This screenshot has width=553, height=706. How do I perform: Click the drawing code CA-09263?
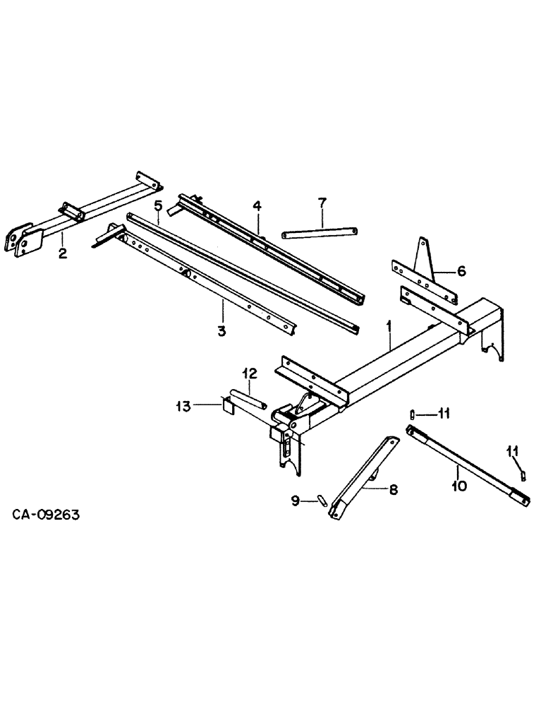pyautogui.click(x=46, y=515)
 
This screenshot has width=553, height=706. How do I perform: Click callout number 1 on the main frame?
pyautogui.click(x=388, y=326)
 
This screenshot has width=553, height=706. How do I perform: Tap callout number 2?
pyautogui.click(x=63, y=253)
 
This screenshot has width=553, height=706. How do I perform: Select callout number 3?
pyautogui.click(x=221, y=330)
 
